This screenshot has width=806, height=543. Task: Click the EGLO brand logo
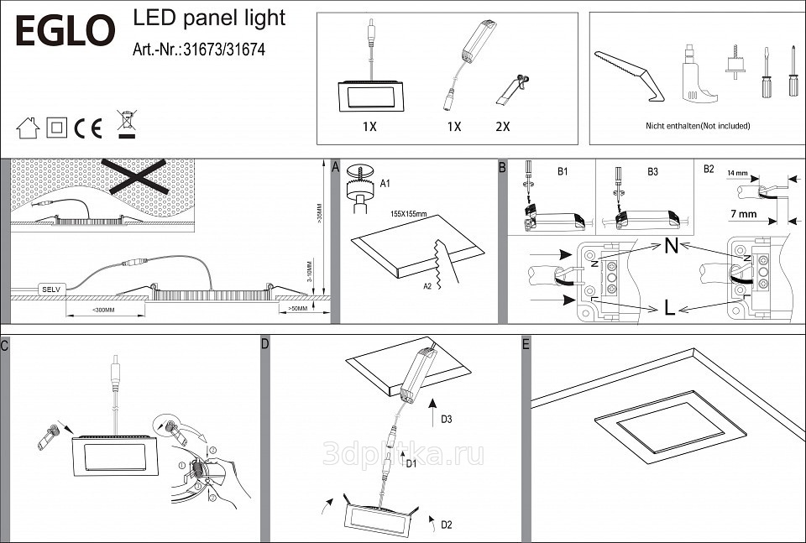[x=65, y=30]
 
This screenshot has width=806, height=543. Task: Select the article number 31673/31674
[x=199, y=50]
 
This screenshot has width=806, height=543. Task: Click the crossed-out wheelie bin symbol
[x=126, y=124]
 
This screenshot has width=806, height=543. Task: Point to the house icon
[x=28, y=128]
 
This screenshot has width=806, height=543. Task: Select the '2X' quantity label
[x=503, y=127]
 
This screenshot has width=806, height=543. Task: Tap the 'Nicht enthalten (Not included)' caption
[x=698, y=126]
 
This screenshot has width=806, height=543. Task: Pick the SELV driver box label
[x=50, y=289]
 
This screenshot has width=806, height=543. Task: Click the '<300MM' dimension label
[x=103, y=311]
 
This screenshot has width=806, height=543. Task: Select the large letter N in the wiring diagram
[x=671, y=247]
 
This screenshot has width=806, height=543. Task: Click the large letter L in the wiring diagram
[x=669, y=308]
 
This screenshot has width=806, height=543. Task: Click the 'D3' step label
[x=447, y=418]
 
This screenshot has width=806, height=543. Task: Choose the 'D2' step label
[x=447, y=525]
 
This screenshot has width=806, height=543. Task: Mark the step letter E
[x=526, y=344]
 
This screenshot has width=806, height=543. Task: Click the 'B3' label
[x=652, y=172]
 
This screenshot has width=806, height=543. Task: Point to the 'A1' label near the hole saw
[x=385, y=182]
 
